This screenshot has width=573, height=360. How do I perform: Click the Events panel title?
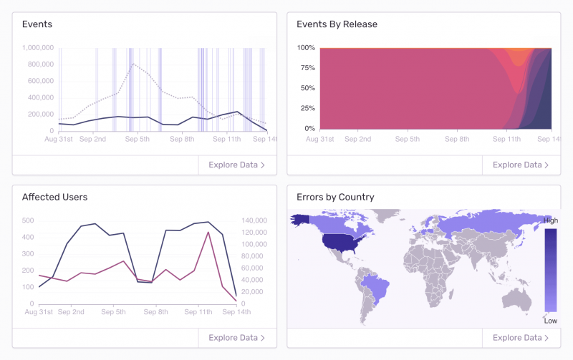point(37,24)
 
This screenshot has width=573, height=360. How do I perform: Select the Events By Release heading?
point(337,24)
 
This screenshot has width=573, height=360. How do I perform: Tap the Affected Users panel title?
point(54,197)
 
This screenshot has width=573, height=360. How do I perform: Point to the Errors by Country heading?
point(335,197)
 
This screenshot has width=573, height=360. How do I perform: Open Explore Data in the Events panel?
point(237,165)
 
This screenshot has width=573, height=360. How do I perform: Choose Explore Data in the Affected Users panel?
point(237,338)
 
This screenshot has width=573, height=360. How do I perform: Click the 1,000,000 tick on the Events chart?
point(35,48)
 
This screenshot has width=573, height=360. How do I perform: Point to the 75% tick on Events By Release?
point(307,68)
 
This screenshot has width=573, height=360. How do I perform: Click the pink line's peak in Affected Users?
point(208,232)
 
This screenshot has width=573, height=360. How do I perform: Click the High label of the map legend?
point(551,220)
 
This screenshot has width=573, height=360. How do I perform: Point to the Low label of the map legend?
point(550,321)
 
